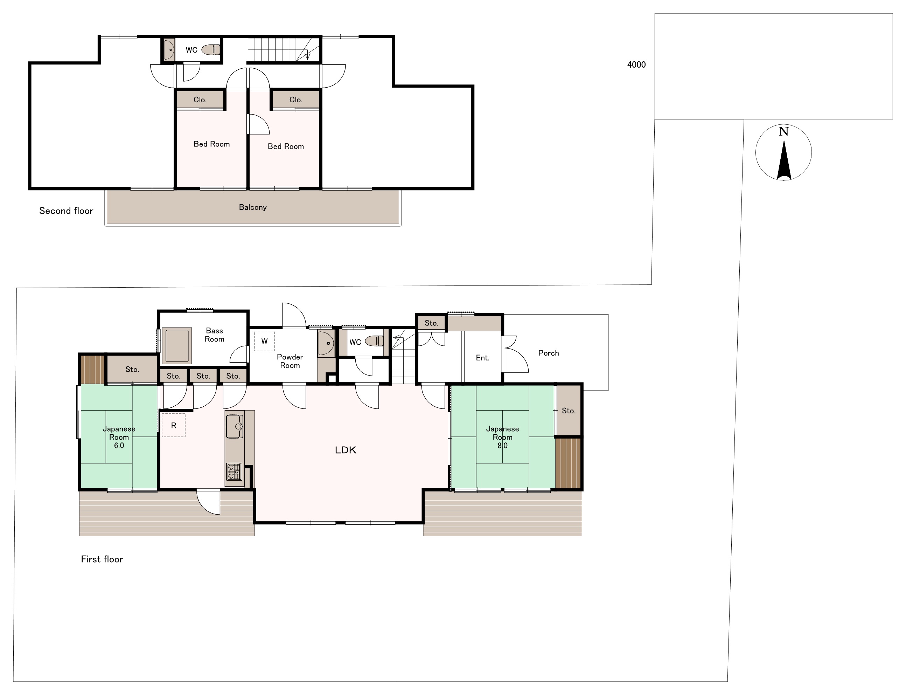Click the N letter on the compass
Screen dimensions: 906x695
click(x=783, y=132)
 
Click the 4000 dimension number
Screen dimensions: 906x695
click(x=636, y=64)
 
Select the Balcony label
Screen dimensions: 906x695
click(x=252, y=207)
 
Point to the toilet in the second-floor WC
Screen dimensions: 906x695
click(x=211, y=50)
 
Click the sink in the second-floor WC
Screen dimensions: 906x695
click(x=169, y=50)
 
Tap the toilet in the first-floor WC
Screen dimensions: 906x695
click(x=375, y=341)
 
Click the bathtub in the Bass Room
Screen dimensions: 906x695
click(x=177, y=345)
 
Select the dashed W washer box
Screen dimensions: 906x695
click(x=264, y=341)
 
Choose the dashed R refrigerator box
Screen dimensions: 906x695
click(x=174, y=425)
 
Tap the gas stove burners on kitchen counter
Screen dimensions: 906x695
click(x=234, y=472)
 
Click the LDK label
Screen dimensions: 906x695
click(x=346, y=450)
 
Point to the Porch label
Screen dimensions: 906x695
click(x=549, y=353)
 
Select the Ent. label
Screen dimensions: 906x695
click(x=482, y=358)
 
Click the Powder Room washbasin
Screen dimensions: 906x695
click(x=326, y=343)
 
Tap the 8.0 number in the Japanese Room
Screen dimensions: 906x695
click(x=503, y=446)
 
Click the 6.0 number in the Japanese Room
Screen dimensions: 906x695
click(x=119, y=446)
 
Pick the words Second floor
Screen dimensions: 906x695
click(x=66, y=211)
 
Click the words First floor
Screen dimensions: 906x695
click(x=102, y=559)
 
